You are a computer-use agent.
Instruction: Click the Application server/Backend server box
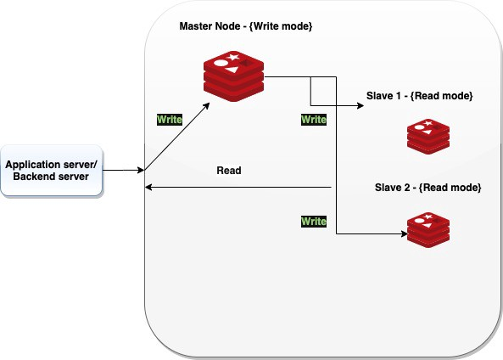tap(52, 170)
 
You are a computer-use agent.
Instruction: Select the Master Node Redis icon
tap(233, 76)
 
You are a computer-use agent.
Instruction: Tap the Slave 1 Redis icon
tap(428, 137)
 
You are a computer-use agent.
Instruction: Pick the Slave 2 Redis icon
tap(428, 229)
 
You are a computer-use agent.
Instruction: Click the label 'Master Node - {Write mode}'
tap(246, 26)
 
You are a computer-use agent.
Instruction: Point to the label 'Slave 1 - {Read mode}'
tap(420, 96)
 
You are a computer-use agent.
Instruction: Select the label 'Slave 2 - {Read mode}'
tap(428, 188)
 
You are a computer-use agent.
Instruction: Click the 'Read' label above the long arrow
tap(229, 170)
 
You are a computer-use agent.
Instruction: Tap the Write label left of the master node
tap(170, 120)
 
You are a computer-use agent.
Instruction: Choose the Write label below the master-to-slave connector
tap(314, 120)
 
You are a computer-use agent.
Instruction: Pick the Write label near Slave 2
tap(314, 222)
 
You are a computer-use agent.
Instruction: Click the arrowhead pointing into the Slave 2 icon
tap(405, 233)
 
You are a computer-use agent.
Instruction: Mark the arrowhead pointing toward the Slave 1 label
tap(360, 105)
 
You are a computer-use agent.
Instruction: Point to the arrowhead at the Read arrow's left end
tap(148, 188)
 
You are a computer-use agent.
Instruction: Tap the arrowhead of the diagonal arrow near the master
tap(207, 106)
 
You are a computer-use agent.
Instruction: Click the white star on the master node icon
tap(233, 57)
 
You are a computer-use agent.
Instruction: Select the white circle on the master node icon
tap(221, 63)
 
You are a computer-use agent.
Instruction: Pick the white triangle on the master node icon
tap(232, 70)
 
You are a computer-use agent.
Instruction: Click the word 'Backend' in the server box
tap(33, 177)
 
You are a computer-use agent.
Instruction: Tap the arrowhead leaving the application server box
tap(141, 170)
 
